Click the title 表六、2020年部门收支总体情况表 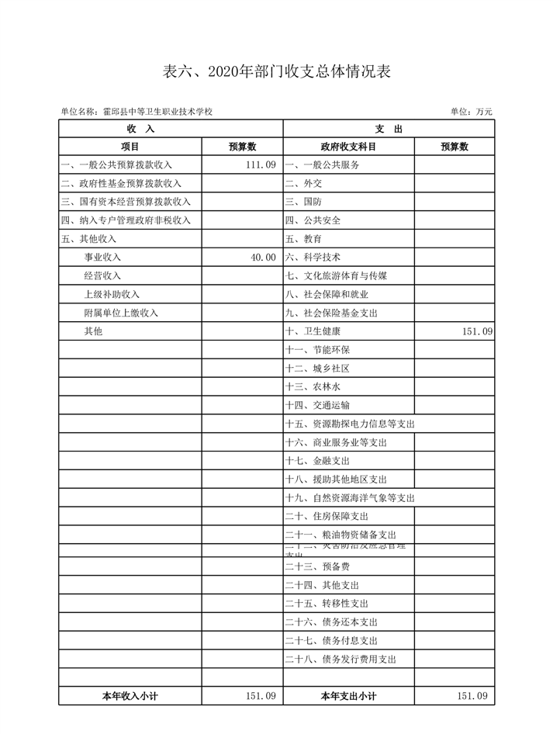click(276, 72)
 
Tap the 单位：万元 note click(471, 112)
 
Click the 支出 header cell click(387, 129)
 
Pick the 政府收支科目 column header click(348, 147)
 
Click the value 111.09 click(260, 164)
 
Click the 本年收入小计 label click(130, 696)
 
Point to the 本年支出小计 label click(348, 696)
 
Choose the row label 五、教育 click(303, 239)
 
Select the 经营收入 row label click(102, 275)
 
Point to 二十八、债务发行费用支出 click(340, 660)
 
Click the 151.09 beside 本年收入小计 click(260, 696)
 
